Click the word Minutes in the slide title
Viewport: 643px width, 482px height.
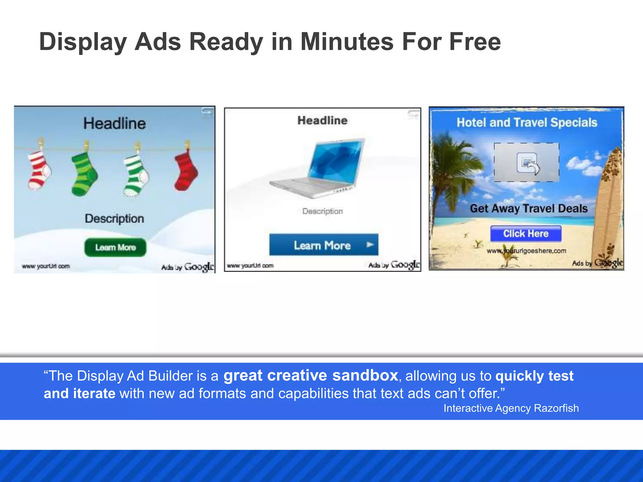tap(347, 42)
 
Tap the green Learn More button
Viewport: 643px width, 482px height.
tap(115, 247)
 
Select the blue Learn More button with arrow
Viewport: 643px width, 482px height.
tap(324, 245)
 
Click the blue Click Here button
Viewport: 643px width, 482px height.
tap(526, 233)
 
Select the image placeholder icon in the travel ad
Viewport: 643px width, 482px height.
tap(527, 163)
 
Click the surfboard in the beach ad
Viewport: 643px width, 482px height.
tap(608, 204)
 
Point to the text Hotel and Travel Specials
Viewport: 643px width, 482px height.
tap(527, 122)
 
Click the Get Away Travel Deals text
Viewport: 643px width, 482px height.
tap(529, 208)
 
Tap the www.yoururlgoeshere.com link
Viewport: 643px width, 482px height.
tap(527, 251)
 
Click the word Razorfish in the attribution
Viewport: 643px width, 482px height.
tap(556, 408)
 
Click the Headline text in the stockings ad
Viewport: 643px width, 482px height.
tap(115, 123)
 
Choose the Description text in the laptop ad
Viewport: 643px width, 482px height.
tap(322, 211)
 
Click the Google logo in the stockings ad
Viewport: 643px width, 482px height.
tap(199, 267)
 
